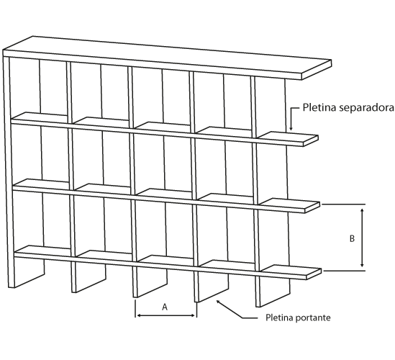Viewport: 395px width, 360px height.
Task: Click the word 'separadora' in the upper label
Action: [366, 107]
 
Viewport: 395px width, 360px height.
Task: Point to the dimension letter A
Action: [165, 307]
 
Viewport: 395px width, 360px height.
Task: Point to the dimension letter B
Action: [352, 238]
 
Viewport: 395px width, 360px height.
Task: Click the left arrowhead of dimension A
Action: [138, 315]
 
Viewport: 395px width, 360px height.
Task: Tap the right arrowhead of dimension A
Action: [194, 315]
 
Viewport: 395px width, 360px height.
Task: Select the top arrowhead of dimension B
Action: [362, 211]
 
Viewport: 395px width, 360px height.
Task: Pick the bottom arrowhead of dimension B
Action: [362, 265]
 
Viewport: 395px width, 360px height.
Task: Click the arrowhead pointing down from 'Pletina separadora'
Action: [291, 128]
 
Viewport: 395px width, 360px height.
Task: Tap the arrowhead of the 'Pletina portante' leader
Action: [219, 302]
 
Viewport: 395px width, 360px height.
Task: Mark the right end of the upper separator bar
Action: [311, 141]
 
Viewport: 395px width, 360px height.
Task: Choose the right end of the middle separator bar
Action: [312, 208]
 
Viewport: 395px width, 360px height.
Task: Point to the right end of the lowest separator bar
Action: [314, 274]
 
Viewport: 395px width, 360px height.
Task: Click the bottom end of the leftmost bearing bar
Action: [12, 287]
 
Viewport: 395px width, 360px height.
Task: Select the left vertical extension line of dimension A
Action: [135, 309]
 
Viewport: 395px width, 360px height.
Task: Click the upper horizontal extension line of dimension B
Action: [344, 204]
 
